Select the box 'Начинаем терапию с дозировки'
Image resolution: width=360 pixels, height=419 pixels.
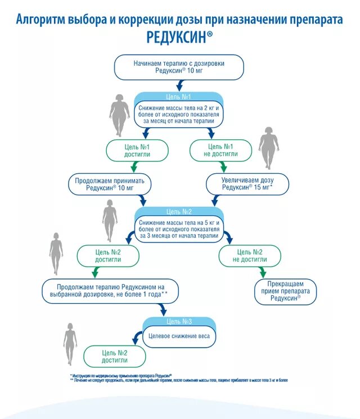tap(179, 67)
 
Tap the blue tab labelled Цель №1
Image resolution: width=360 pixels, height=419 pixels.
tap(179, 96)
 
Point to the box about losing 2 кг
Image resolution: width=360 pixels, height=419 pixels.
tap(179, 114)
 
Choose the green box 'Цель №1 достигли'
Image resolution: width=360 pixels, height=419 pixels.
tap(137, 150)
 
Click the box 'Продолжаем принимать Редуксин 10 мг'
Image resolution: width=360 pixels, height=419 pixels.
tap(110, 184)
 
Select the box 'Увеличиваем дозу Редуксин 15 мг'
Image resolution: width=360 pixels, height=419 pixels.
tap(247, 184)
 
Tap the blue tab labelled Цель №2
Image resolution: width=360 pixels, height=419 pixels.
tap(179, 212)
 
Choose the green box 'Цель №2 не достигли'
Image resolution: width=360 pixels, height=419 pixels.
tap(250, 256)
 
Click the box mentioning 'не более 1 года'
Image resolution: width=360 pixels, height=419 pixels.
tap(110, 290)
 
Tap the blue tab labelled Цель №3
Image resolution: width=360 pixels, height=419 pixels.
tap(179, 321)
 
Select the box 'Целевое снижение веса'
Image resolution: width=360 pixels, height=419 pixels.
tap(179, 336)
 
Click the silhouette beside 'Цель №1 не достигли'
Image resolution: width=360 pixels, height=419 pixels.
tap(268, 147)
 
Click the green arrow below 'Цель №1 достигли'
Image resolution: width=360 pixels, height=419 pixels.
tap(134, 167)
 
